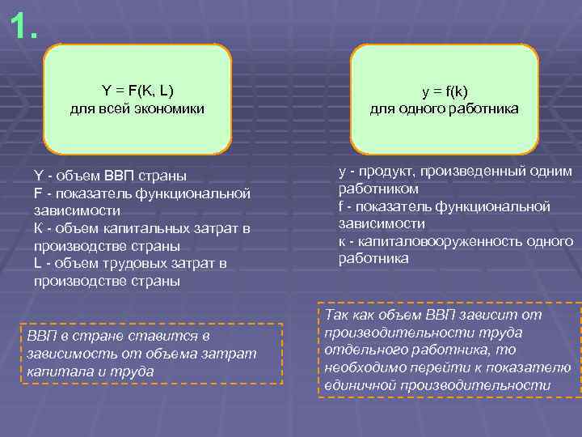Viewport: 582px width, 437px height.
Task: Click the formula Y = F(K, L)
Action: (137, 89)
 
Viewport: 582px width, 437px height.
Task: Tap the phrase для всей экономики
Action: (137, 108)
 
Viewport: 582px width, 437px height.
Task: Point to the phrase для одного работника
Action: (445, 108)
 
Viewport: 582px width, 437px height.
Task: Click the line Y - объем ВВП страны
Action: (110, 176)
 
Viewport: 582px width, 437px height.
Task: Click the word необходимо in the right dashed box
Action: (368, 367)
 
